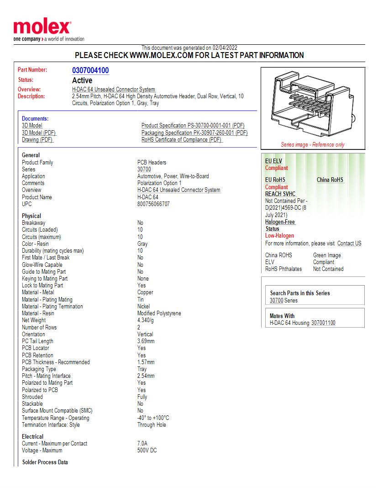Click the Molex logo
coord(42,28)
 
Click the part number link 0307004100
coord(90,70)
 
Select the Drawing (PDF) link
coord(37,140)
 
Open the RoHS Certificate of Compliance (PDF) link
coord(182,140)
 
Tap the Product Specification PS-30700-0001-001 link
coord(193,126)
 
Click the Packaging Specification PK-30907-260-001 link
coord(194,133)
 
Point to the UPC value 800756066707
coord(153,204)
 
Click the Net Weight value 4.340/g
coord(146,320)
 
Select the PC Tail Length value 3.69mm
coord(146,341)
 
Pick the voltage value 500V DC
coord(147,451)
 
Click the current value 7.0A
coord(142,444)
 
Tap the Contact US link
coord(349,244)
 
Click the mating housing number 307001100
coord(323,323)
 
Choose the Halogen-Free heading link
coord(280,222)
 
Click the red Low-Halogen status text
coord(279,236)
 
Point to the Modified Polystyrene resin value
coord(159,313)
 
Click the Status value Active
coord(82,80)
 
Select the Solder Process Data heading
coord(45,462)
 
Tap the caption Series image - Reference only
coord(313,145)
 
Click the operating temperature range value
coord(153,418)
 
